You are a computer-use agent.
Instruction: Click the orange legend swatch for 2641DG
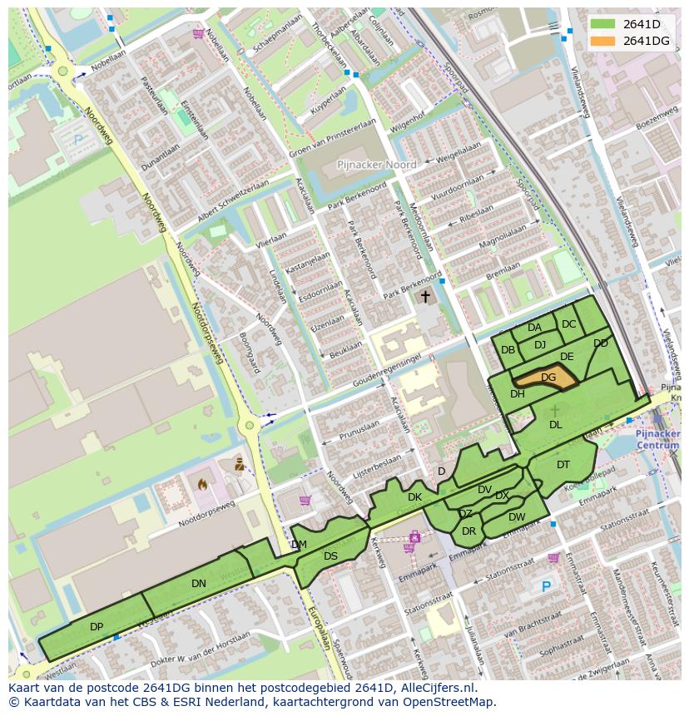click(x=605, y=41)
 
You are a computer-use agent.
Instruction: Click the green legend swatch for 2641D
click(x=605, y=24)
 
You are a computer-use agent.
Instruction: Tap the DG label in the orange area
click(x=548, y=377)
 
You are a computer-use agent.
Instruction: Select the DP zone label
click(x=97, y=626)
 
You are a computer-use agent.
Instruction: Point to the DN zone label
click(x=198, y=583)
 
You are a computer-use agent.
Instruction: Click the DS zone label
click(x=330, y=556)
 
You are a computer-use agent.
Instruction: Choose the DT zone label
click(x=563, y=464)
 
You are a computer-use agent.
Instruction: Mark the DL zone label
click(x=556, y=424)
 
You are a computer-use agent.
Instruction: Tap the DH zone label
click(x=518, y=393)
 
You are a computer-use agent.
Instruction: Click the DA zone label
click(x=534, y=327)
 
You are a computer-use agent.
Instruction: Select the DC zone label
click(x=568, y=324)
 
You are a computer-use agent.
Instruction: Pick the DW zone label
click(x=517, y=516)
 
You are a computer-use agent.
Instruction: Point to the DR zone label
click(x=468, y=531)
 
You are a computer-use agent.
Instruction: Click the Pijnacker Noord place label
click(x=376, y=165)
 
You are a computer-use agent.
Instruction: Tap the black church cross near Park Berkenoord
click(x=425, y=296)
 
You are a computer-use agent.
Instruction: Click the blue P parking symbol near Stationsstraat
click(x=546, y=586)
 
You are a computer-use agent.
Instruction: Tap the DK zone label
click(x=414, y=496)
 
